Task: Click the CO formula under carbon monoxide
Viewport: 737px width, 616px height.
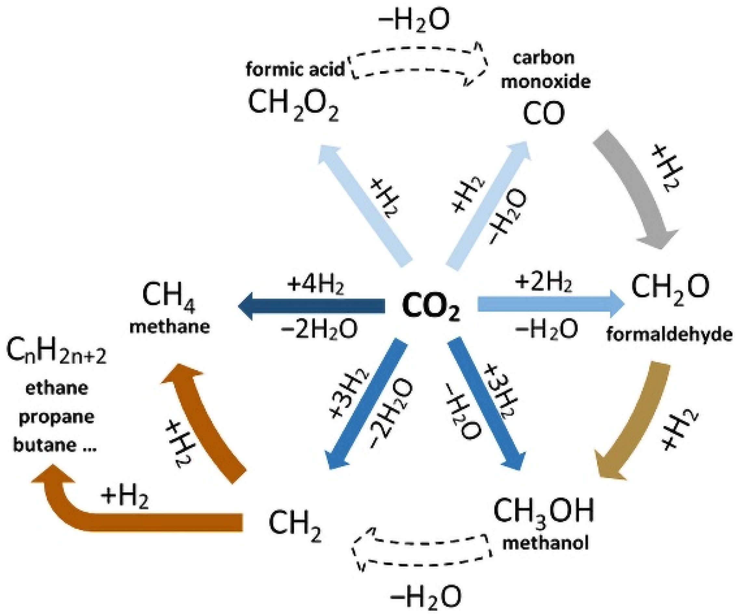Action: (544, 114)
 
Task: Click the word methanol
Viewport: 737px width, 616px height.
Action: (545, 543)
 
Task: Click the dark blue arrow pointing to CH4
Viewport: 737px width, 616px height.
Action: (312, 306)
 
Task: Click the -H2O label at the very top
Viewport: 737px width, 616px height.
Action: (414, 20)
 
